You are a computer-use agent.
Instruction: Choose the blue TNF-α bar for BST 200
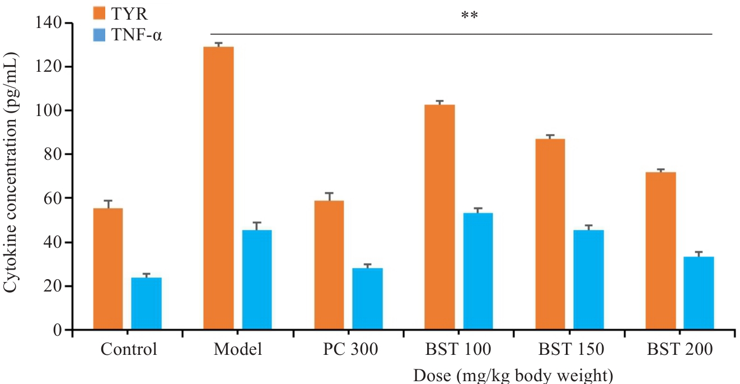point(699,293)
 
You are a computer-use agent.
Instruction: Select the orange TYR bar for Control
point(108,269)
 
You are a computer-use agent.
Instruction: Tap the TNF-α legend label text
point(140,37)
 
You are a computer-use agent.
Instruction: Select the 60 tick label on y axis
point(53,198)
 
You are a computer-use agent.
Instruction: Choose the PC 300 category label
point(350,350)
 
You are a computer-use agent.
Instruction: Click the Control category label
point(129,350)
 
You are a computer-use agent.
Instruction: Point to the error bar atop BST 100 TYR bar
point(439,102)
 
